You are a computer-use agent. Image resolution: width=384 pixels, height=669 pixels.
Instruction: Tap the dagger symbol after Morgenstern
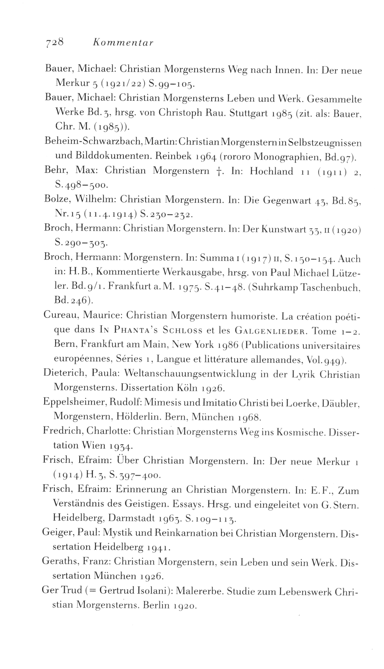click(x=218, y=171)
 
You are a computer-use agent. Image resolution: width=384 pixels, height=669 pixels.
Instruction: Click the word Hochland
click(x=272, y=171)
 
